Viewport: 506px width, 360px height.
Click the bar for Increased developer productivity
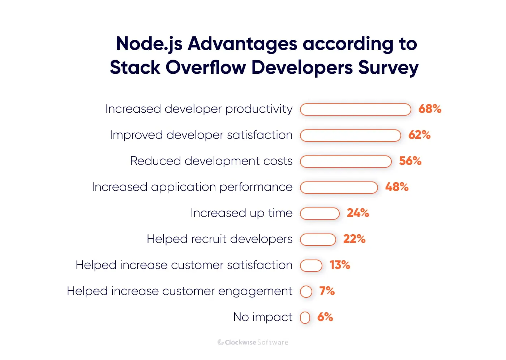click(355, 110)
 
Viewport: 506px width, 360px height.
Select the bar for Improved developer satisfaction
click(350, 136)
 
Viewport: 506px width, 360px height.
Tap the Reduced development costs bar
click(346, 162)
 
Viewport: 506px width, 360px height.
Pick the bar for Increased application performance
click(339, 188)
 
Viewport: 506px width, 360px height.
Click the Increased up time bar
click(320, 214)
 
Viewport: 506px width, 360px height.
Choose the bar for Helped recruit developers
click(318, 240)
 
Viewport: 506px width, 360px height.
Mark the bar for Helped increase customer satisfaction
click(311, 266)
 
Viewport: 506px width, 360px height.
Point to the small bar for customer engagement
click(306, 292)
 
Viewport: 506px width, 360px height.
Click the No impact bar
click(305, 318)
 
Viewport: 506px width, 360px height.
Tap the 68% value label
click(430, 109)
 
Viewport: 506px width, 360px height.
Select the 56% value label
click(410, 161)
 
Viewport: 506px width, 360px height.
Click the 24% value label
click(358, 213)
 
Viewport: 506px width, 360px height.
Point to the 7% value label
click(327, 291)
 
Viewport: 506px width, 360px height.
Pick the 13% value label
click(340, 265)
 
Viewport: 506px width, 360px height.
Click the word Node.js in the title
click(149, 44)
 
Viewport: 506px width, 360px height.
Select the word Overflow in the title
click(206, 68)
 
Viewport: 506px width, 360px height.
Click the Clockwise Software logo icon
click(220, 342)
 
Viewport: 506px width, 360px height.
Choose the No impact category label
click(263, 317)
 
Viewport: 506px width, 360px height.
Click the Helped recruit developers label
click(219, 239)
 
